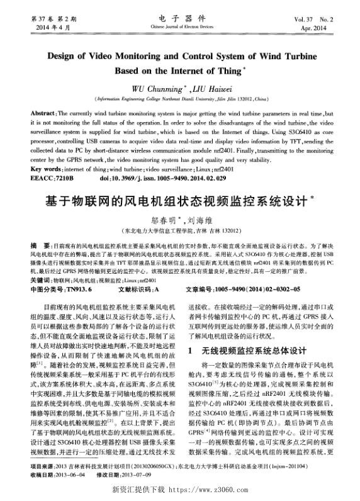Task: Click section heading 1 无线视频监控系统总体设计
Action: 247,350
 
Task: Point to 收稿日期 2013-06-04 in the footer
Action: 59,475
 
